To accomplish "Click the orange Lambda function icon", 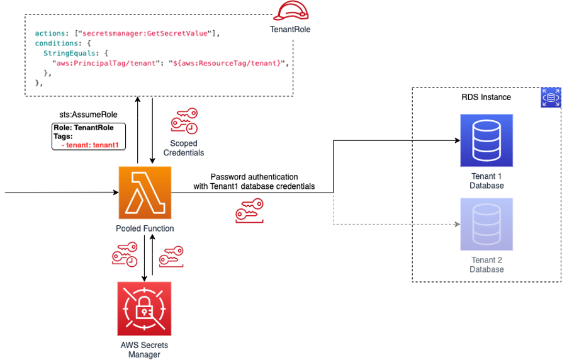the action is click(x=145, y=193).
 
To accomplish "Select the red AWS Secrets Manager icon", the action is click(x=144, y=309).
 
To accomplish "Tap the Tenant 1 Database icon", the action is click(x=486, y=140).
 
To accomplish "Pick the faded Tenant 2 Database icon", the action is click(x=486, y=224).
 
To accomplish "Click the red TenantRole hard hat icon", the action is click(x=291, y=11).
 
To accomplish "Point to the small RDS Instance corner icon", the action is click(x=551, y=98).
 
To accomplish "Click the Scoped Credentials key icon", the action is click(x=184, y=121).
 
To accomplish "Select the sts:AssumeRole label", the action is click(x=88, y=115).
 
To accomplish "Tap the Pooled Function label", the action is click(x=145, y=228).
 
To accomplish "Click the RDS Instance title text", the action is click(x=486, y=97).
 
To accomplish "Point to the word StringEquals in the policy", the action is click(x=69, y=53).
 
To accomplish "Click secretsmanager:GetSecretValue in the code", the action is click(x=145, y=33).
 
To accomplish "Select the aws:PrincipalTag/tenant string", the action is click(x=106, y=64).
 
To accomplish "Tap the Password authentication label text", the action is click(x=254, y=177).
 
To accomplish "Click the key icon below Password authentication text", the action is click(x=249, y=210).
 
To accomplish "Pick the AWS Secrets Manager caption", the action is click(x=144, y=349).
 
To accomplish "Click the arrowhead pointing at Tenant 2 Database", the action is click(x=458, y=224).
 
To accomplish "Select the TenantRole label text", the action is click(x=290, y=30).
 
